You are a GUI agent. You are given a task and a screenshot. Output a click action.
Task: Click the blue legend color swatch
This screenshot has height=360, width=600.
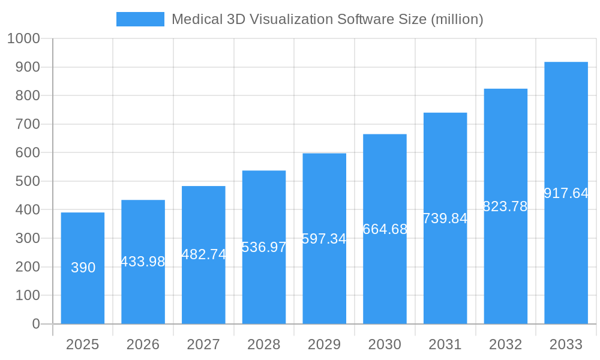(x=140, y=19)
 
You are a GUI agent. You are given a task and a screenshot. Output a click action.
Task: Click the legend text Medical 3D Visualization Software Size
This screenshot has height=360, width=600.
(x=327, y=19)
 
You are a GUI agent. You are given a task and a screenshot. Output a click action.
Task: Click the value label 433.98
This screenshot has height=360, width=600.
(x=143, y=262)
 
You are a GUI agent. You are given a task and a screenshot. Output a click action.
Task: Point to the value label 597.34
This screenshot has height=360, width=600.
(x=324, y=239)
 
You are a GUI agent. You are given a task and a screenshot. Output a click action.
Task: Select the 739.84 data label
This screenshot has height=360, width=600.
(x=445, y=219)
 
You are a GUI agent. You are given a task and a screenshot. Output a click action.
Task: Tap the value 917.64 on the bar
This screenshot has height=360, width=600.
(x=566, y=193)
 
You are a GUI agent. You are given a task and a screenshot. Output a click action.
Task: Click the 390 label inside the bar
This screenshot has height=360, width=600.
(x=83, y=268)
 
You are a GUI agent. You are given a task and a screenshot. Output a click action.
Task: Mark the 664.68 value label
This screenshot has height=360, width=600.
(x=385, y=229)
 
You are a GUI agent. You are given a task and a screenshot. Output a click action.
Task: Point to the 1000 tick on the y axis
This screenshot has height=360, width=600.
(x=23, y=39)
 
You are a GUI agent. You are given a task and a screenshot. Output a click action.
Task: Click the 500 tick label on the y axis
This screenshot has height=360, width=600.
(x=27, y=181)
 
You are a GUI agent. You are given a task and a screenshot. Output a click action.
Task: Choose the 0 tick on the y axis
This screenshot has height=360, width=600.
(x=35, y=324)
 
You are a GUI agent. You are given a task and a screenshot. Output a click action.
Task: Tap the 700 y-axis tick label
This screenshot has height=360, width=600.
(x=27, y=124)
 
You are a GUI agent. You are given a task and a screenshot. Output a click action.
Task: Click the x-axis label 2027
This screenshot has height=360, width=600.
(x=203, y=344)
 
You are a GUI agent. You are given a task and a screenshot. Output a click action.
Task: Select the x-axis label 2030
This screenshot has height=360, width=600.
(x=385, y=344)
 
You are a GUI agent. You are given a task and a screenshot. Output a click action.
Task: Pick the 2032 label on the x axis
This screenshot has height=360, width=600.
(x=505, y=344)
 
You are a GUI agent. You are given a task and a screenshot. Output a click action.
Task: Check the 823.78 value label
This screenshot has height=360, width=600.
(x=505, y=206)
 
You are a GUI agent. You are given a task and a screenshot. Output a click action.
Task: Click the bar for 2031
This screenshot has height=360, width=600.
(x=445, y=276)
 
